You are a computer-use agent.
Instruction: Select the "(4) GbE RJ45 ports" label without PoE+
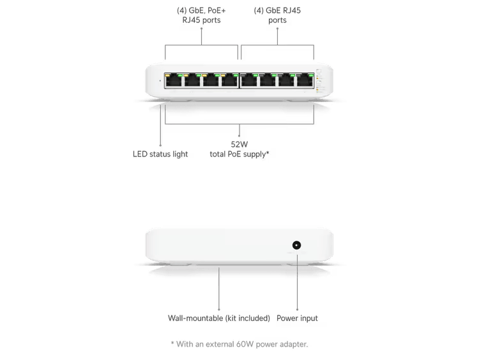(278, 15)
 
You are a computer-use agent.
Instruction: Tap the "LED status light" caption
(162, 154)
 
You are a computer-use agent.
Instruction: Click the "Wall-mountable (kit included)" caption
(219, 317)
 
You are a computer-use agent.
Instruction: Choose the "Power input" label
(298, 317)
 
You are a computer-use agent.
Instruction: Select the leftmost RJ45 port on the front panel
(173, 83)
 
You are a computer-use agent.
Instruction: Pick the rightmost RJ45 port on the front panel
(306, 83)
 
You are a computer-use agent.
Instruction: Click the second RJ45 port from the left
(192, 83)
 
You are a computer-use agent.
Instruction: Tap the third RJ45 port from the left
(211, 83)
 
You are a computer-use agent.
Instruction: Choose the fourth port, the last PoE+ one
(230, 83)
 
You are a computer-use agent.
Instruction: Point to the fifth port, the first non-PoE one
(249, 83)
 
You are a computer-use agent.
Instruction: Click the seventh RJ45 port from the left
(287, 83)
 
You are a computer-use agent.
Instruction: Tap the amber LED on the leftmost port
(168, 75)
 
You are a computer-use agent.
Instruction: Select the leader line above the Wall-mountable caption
(219, 290)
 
